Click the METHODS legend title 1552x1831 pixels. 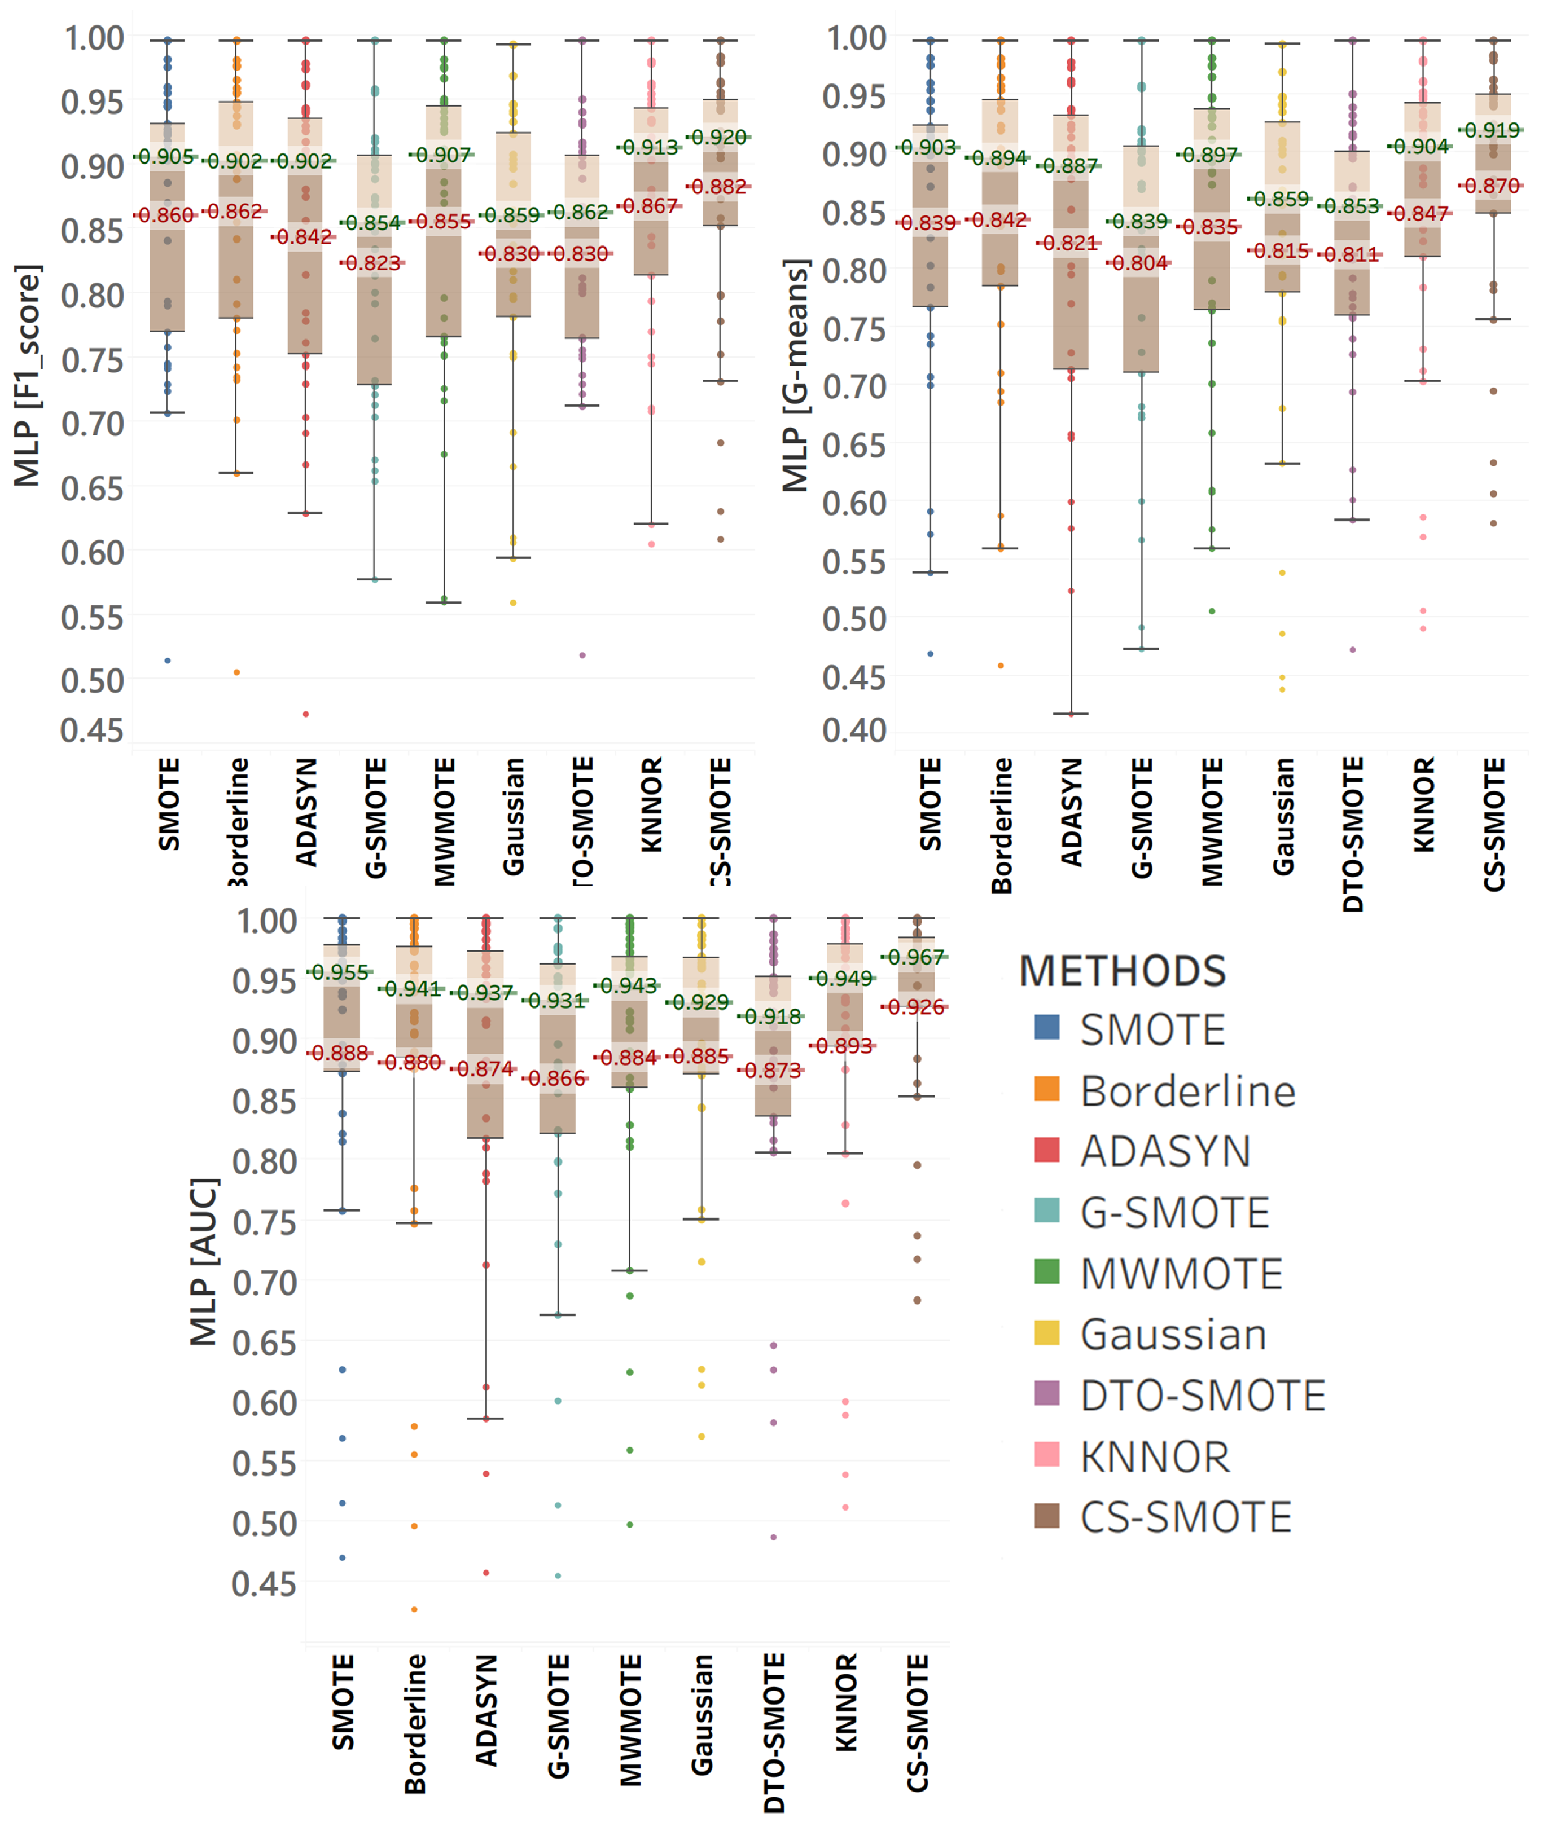coord(1122,971)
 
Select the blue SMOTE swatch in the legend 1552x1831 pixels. coord(1046,1027)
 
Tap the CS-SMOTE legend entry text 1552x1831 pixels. coord(1185,1517)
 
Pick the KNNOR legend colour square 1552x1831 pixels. coord(1046,1455)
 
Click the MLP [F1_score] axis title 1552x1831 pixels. coord(27,376)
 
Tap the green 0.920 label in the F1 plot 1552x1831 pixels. coord(720,137)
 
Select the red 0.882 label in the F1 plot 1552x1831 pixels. coord(719,187)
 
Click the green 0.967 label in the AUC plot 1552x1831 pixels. coord(916,957)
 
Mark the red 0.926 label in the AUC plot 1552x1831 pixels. coord(916,1007)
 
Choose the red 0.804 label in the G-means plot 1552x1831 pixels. coord(1140,263)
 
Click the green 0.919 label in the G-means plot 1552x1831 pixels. coord(1492,130)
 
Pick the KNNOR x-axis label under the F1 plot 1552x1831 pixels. coord(651,805)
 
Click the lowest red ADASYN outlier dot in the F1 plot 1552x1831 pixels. coord(305,714)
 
